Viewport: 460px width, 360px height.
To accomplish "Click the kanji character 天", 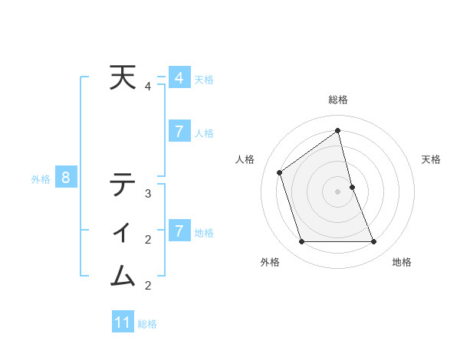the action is point(123,78).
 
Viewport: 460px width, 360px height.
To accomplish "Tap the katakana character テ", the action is point(123,185).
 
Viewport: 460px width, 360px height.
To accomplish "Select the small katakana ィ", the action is point(123,231).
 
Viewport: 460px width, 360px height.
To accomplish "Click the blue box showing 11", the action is point(123,322).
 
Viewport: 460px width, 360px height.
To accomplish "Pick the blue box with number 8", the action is point(66,178).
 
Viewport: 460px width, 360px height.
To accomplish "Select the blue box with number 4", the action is point(179,78).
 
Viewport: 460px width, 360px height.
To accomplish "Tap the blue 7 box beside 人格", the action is point(179,132).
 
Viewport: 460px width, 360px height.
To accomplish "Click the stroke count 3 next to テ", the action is point(148,194).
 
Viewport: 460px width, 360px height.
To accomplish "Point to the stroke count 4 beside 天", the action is point(148,87).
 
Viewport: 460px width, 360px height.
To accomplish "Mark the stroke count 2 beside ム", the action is point(148,286).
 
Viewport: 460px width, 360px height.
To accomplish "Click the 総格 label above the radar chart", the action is point(338,100).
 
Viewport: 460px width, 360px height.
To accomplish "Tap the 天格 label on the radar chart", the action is point(431,159).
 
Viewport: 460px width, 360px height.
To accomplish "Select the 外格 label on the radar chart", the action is point(270,262).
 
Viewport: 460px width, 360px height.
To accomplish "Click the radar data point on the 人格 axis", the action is point(280,172).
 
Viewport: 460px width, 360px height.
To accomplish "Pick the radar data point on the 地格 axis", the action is point(374,242).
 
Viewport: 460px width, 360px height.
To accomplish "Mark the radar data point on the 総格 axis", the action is point(338,131).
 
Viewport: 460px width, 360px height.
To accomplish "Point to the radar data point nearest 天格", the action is point(352,187).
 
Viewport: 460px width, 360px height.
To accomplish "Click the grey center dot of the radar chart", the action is point(338,191).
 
